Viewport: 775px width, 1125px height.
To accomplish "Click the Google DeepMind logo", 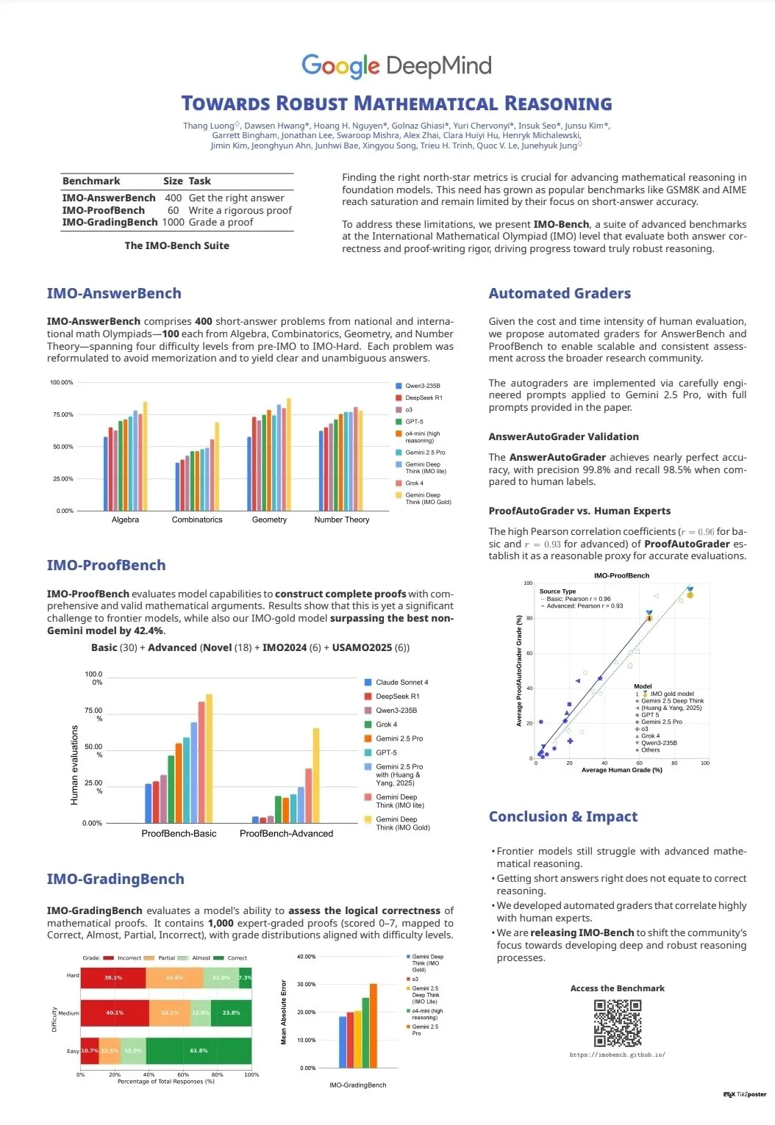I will coord(396,66).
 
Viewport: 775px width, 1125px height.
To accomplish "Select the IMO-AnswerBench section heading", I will coord(114,293).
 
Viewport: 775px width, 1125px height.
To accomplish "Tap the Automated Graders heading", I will coord(560,293).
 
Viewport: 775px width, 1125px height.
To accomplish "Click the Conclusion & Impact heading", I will coord(563,816).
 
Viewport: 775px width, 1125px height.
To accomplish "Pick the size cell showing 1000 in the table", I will coord(174,222).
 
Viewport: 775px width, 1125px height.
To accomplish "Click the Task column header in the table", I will coord(200,181).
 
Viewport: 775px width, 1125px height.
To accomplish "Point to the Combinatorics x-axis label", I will coord(197,520).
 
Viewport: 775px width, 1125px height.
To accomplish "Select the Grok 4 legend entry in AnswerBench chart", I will coord(414,483).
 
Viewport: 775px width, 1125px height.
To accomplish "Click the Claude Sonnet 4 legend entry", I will coord(401,682).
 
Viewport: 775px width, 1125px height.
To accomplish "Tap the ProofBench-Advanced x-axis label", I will coord(286,833).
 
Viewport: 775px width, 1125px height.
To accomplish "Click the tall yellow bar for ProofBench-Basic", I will coord(209,758).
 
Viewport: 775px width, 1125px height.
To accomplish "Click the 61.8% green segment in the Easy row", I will coord(199,1051).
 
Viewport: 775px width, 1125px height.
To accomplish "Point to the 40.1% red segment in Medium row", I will coord(115,1013).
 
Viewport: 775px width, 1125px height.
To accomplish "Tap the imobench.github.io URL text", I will coord(618,1054).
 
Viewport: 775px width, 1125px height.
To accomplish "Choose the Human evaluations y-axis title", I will coord(74,764).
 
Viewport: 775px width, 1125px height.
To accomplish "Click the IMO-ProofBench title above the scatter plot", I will coord(621,575).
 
